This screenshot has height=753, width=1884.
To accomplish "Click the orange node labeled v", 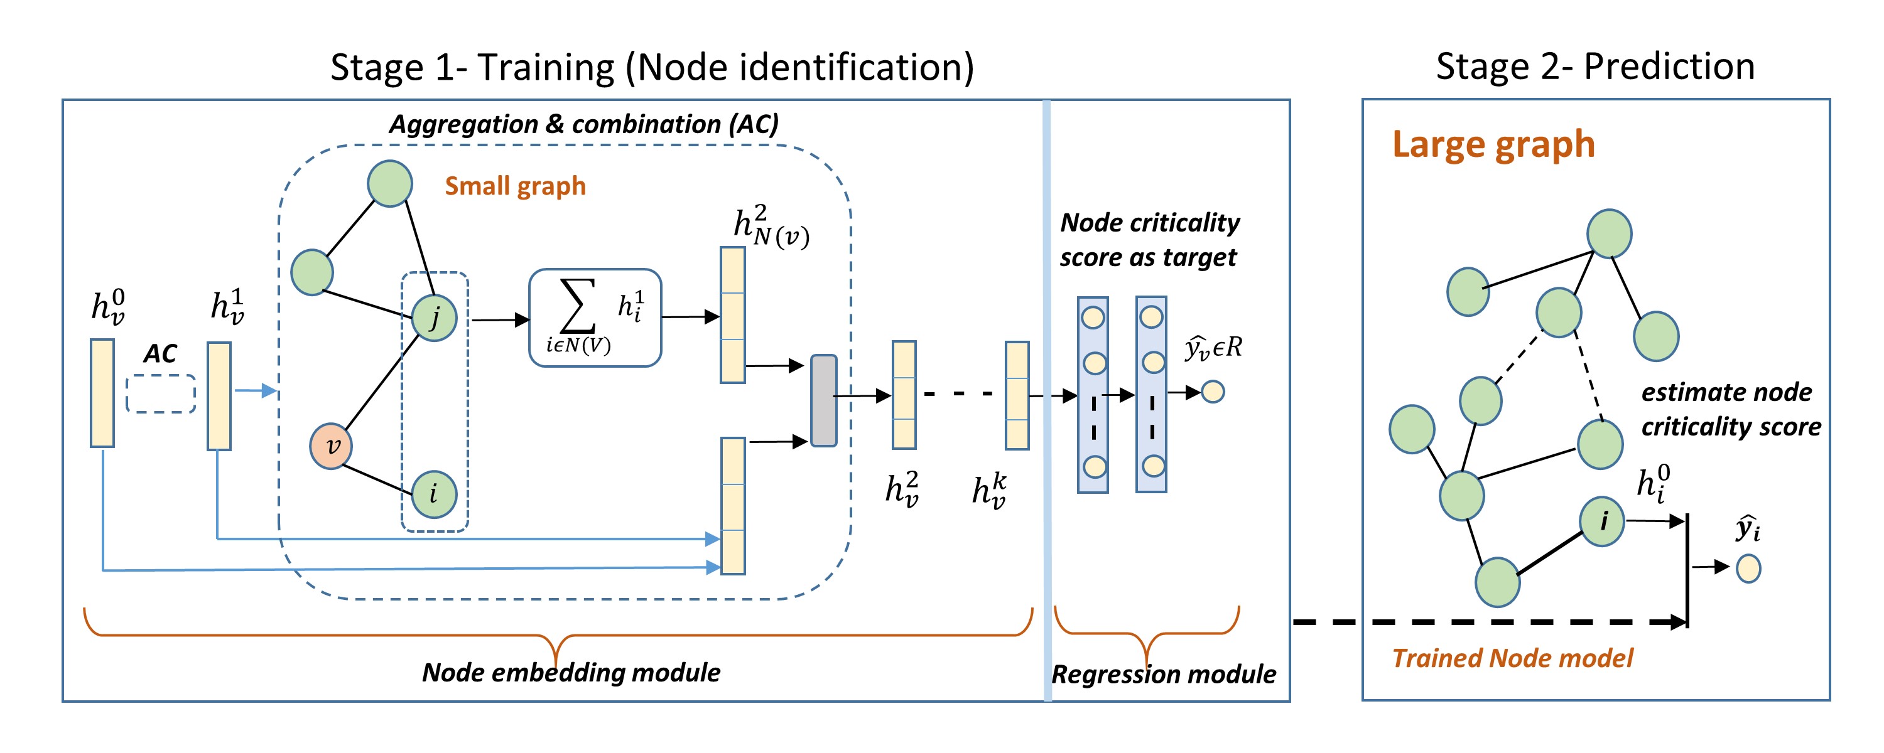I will (330, 446).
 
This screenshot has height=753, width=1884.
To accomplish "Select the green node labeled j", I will (435, 318).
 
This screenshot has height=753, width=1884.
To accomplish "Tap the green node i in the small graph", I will (434, 494).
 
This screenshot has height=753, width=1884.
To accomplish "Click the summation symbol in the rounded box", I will (577, 307).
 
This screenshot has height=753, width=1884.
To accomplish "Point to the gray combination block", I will (823, 400).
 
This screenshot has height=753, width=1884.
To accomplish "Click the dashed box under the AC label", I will (161, 394).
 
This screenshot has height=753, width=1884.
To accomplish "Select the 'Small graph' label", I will (515, 186).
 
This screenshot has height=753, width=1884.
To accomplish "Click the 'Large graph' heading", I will (1493, 144).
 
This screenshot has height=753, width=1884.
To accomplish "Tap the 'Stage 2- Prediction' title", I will (1595, 67).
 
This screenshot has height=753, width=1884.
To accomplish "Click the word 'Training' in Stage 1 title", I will (546, 68).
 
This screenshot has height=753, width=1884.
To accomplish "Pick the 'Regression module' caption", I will (1164, 674).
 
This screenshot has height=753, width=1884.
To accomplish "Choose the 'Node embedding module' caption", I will (571, 673).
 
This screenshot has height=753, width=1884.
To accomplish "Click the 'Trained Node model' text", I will (1512, 658).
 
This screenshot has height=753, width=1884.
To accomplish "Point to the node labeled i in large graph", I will (1601, 521).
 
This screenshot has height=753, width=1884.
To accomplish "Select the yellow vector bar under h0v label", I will (102, 393).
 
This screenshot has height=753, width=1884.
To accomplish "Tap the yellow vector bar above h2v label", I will (904, 395).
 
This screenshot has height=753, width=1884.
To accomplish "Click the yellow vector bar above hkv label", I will (1017, 395).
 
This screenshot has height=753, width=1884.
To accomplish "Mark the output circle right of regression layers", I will (1213, 392).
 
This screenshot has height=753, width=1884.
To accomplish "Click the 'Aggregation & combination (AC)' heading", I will (583, 124).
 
